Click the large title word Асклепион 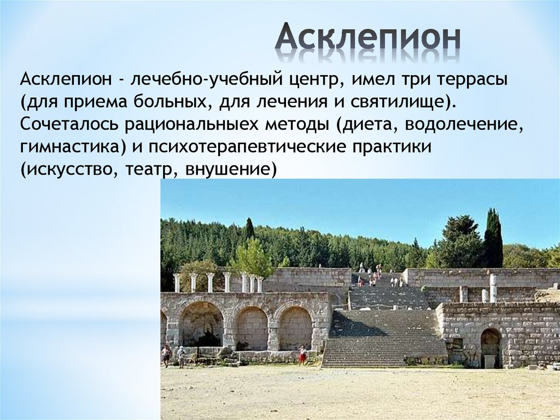pyautogui.click(x=367, y=38)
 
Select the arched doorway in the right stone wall pyautogui.click(x=491, y=348)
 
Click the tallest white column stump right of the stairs pyautogui.click(x=493, y=288)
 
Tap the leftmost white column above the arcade pyautogui.click(x=177, y=283)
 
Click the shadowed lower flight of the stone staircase pyautogui.click(x=383, y=340)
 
